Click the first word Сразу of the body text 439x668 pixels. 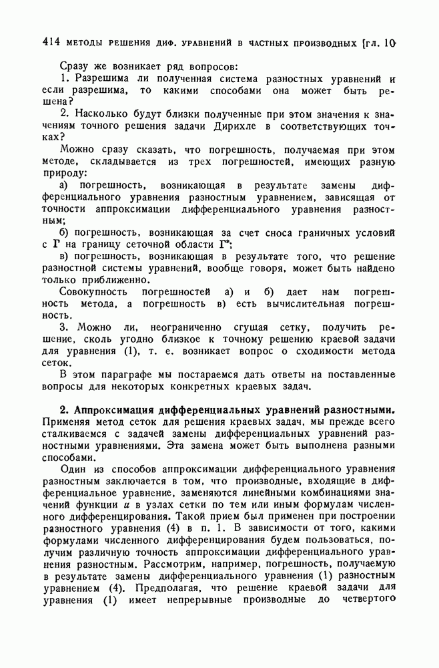click(75, 67)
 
